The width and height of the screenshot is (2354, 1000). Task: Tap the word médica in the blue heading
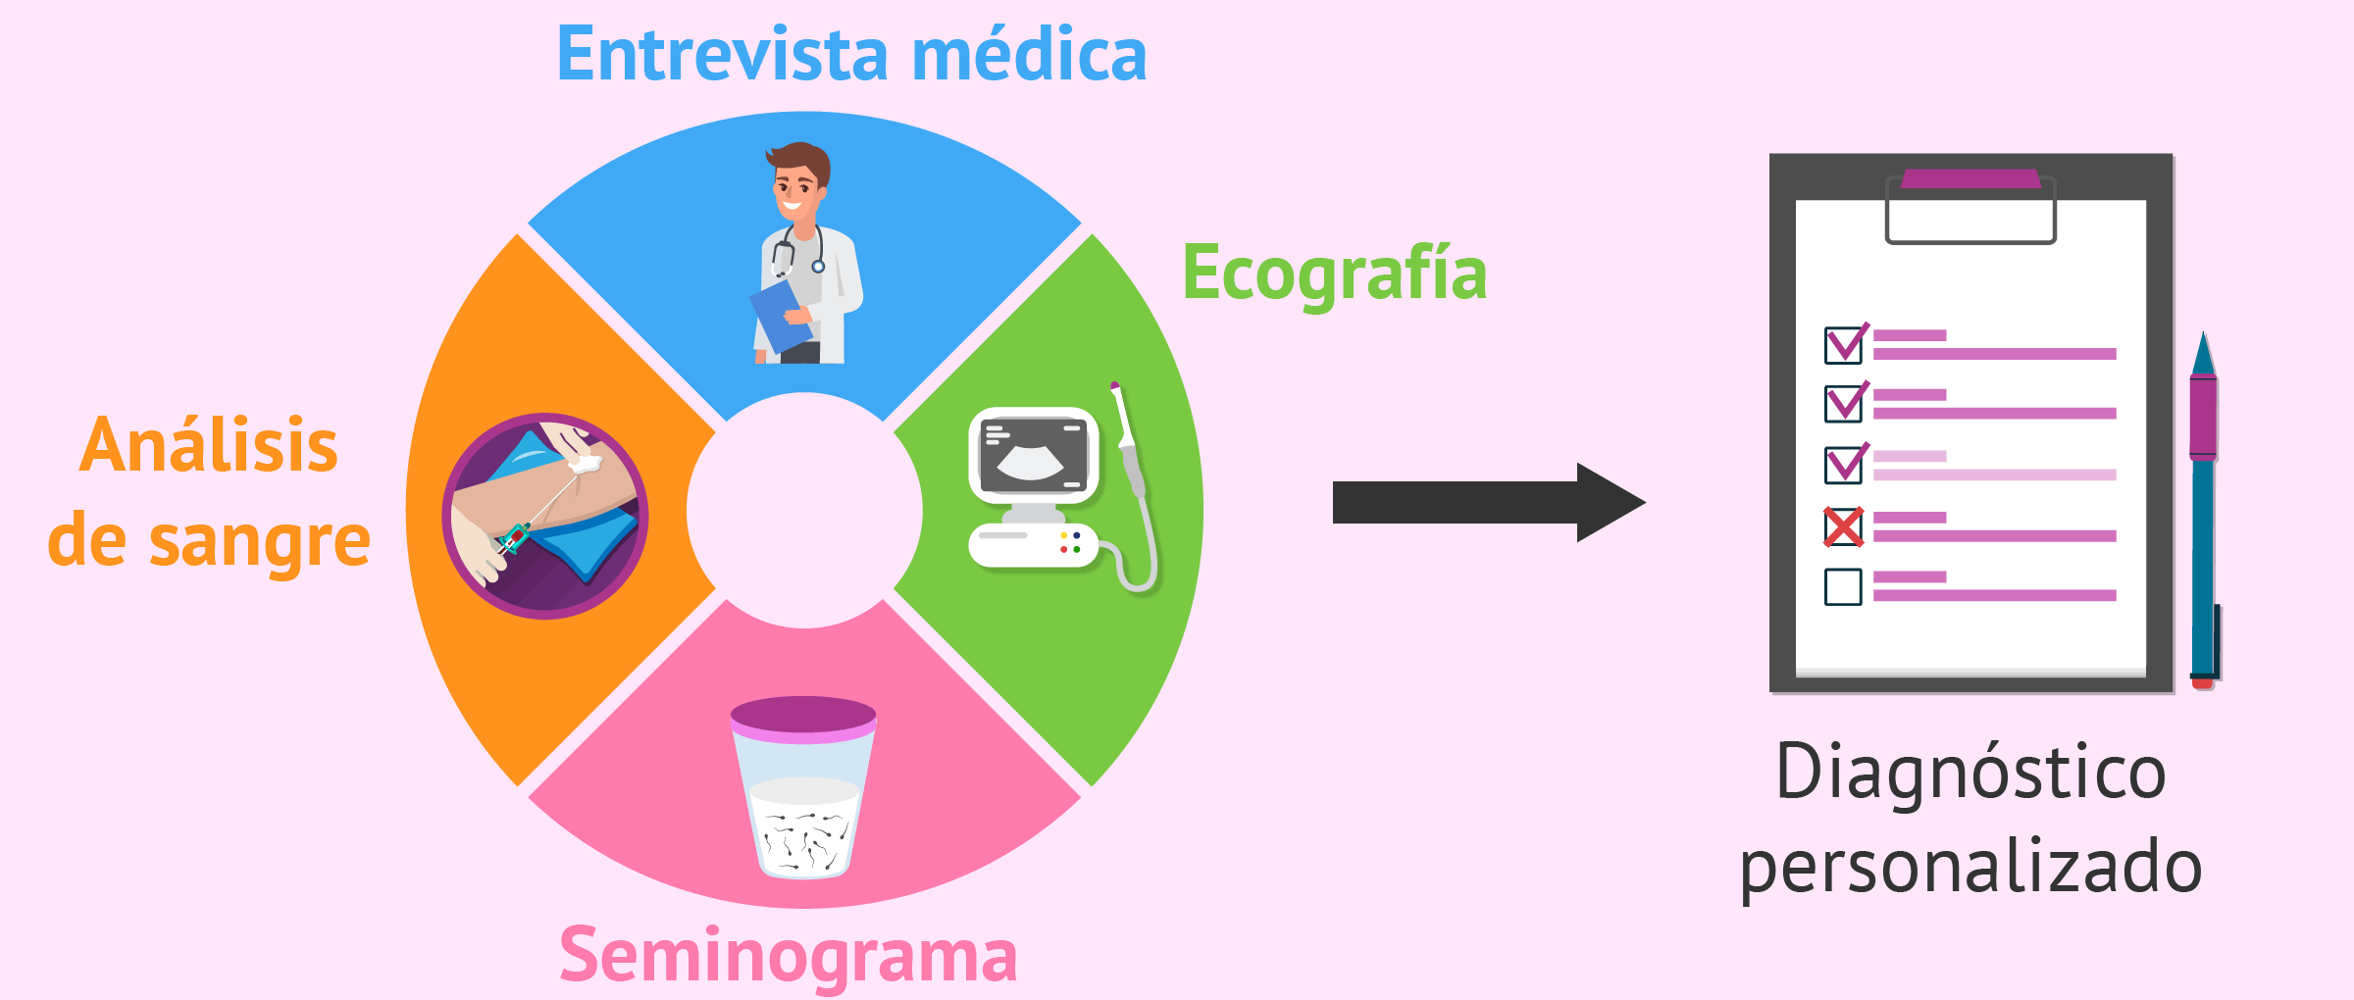click(1030, 54)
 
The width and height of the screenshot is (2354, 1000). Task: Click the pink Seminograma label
click(789, 955)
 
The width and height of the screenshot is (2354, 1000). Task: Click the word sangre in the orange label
click(260, 542)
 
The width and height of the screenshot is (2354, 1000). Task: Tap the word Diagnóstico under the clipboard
click(1971, 773)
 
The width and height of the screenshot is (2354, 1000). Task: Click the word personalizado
click(1971, 867)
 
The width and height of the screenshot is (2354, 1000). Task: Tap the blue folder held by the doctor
click(782, 316)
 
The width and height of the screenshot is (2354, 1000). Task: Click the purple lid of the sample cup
click(803, 718)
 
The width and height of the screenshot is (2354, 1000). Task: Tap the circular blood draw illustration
click(545, 516)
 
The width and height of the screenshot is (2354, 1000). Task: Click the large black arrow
click(1489, 502)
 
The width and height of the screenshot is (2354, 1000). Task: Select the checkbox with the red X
click(1844, 527)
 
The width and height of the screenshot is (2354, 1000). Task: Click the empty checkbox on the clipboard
click(1843, 587)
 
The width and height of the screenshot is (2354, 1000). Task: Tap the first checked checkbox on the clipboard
click(1846, 343)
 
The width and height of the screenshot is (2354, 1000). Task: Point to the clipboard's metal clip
click(1970, 207)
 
